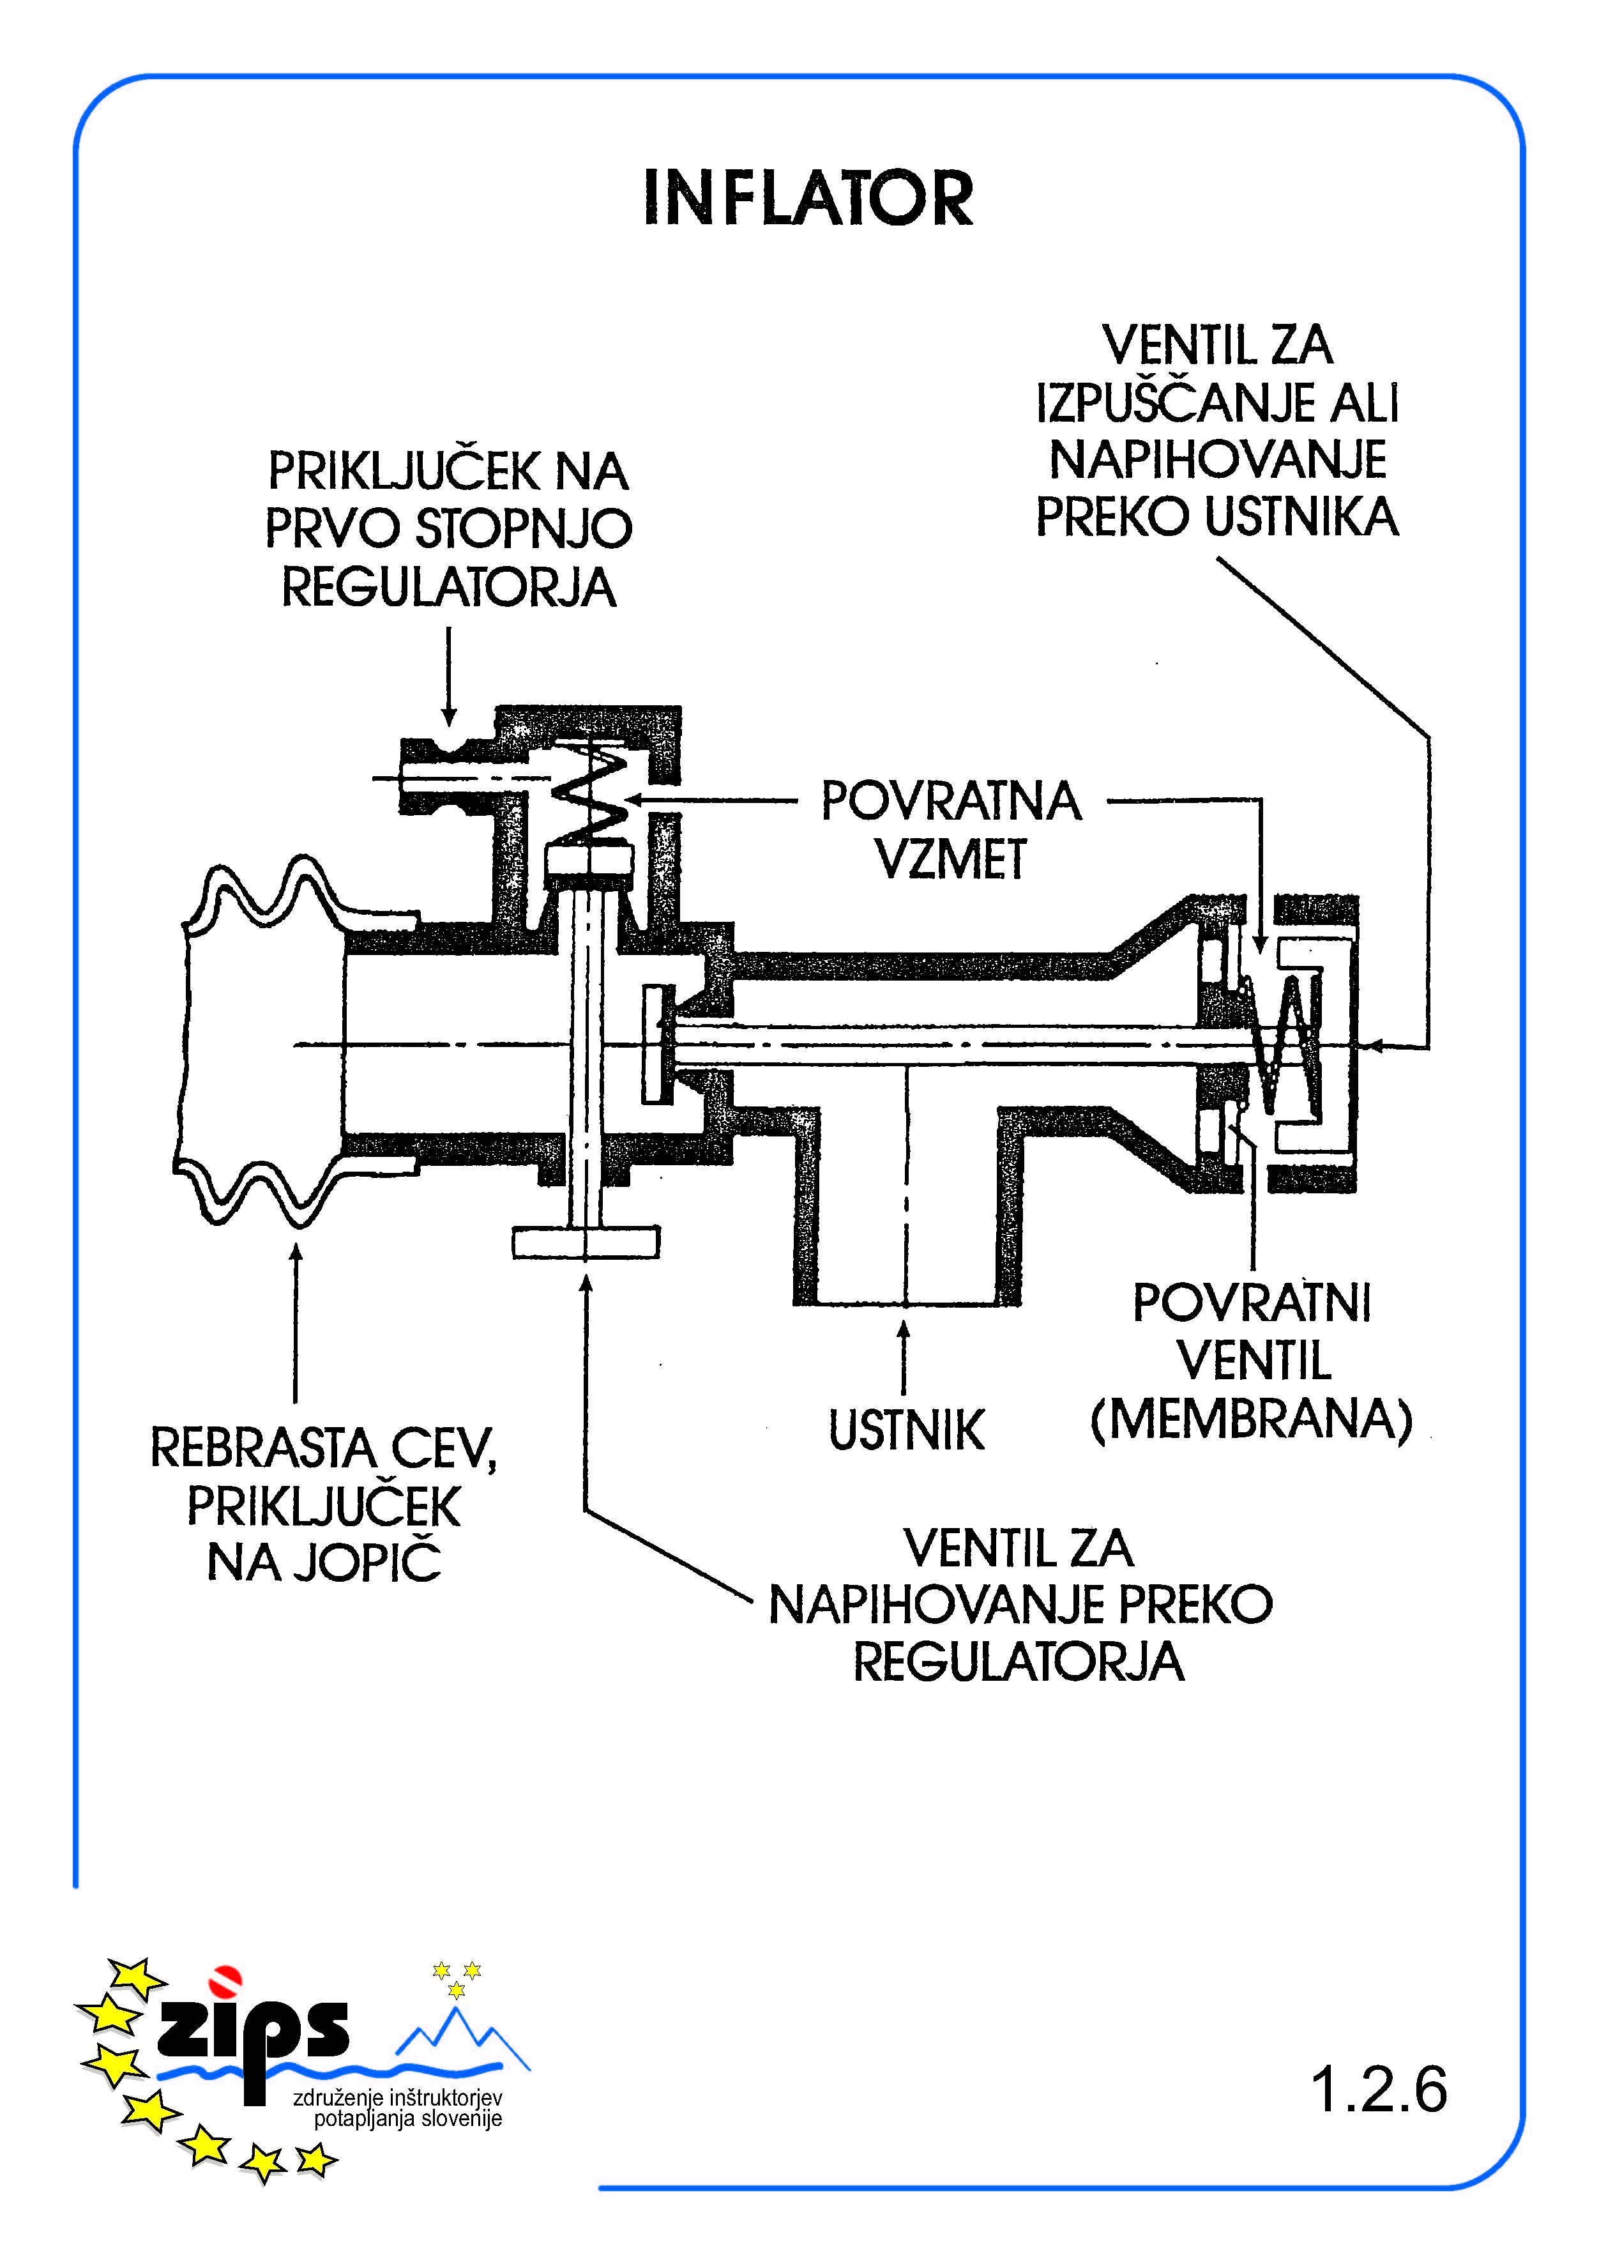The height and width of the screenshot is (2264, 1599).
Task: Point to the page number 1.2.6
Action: click(x=1378, y=2088)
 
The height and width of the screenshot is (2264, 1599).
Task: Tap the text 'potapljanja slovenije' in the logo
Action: click(x=408, y=2118)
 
